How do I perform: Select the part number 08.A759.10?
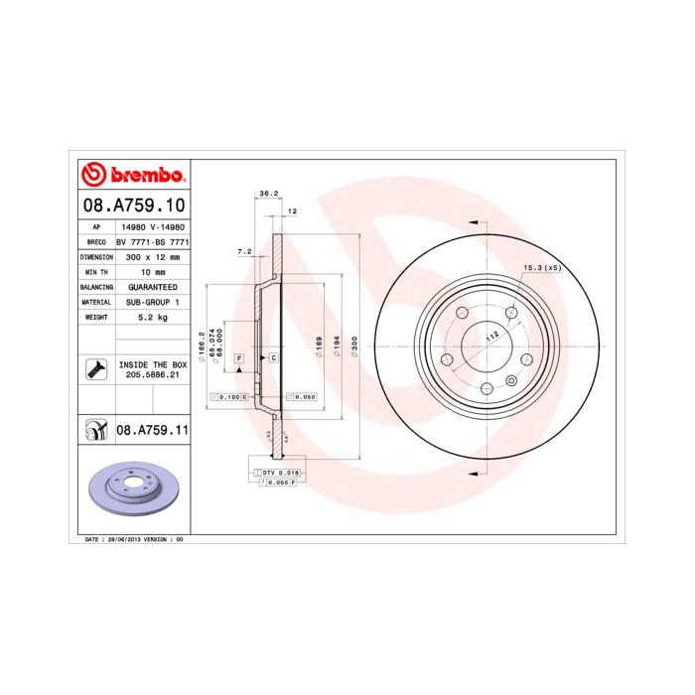click(132, 207)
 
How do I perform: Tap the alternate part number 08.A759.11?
click(152, 430)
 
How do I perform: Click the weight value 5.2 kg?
click(152, 317)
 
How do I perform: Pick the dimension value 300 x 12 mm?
click(152, 256)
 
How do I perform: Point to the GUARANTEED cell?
click(152, 286)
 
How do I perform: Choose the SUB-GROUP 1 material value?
click(152, 301)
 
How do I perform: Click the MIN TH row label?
click(96, 271)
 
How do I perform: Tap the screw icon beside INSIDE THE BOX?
click(96, 370)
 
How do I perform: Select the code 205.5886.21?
click(152, 376)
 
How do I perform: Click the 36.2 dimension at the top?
click(266, 194)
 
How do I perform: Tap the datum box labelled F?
click(239, 355)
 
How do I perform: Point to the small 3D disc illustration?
click(132, 491)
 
